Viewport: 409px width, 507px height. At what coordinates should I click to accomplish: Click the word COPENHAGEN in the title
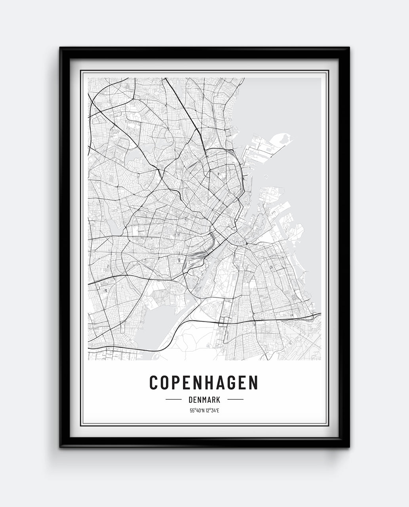pos(204,382)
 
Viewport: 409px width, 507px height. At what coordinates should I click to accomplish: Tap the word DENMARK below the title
pos(204,400)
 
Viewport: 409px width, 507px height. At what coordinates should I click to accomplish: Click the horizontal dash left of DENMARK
pos(173,400)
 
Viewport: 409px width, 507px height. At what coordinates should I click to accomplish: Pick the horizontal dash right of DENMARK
pos(236,400)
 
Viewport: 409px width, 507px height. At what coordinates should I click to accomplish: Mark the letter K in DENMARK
pos(218,400)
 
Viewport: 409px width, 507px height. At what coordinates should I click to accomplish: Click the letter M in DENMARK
pos(203,400)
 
